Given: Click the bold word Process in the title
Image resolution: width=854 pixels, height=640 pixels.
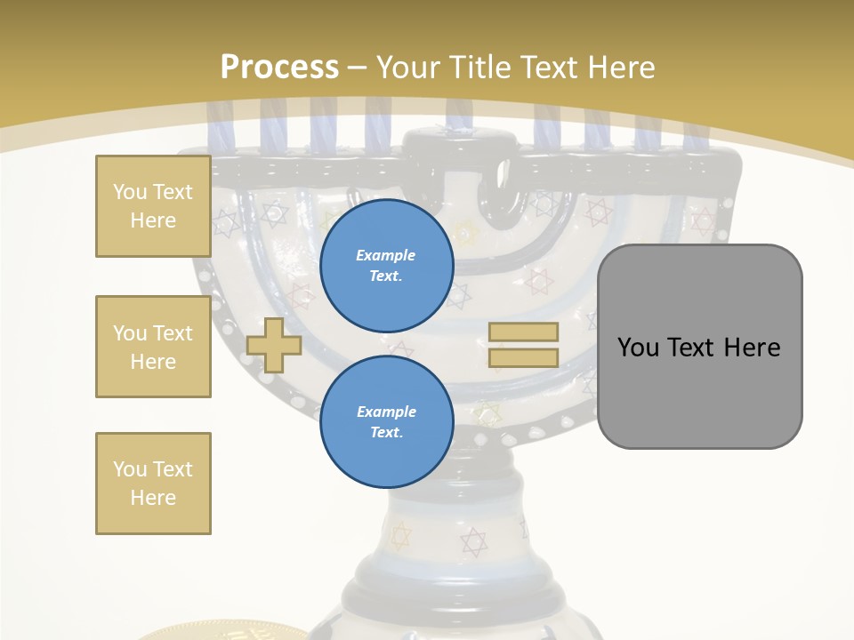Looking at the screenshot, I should click(x=279, y=67).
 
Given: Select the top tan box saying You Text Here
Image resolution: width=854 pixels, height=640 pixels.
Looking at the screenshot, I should click(x=153, y=206).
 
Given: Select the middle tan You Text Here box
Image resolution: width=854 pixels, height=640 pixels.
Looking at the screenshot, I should click(x=153, y=347).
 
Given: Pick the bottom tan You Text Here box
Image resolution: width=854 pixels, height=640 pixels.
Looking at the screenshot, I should click(x=153, y=483).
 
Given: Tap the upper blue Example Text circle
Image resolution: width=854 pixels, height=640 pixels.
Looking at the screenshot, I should click(x=386, y=265).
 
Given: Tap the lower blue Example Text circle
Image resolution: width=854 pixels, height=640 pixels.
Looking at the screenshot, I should click(x=386, y=421).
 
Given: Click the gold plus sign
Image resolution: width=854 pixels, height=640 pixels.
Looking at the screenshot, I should click(x=274, y=345).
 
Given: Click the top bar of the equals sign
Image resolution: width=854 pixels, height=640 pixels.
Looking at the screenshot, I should click(x=523, y=332).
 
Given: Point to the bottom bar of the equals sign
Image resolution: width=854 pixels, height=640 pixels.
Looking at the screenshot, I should click(x=523, y=357).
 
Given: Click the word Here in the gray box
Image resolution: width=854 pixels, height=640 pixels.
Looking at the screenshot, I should click(x=752, y=348).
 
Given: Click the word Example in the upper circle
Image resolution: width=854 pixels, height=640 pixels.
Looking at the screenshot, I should click(x=386, y=255).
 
